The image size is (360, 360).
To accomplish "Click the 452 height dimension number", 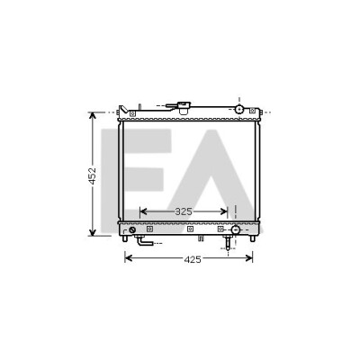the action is point(93,175).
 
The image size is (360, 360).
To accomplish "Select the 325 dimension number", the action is point(184,211).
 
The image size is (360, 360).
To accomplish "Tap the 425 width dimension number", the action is point(193,259).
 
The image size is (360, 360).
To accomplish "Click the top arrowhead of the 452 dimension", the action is point(93,116).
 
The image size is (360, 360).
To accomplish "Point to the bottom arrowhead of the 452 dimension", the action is point(93,231).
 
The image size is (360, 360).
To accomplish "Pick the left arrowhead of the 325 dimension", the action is point(144,211).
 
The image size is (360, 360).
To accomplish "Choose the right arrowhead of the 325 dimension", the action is point(223,211).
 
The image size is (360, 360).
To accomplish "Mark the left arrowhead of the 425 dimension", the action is point(129,257).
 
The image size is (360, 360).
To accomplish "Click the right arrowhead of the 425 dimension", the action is point(248,257).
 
